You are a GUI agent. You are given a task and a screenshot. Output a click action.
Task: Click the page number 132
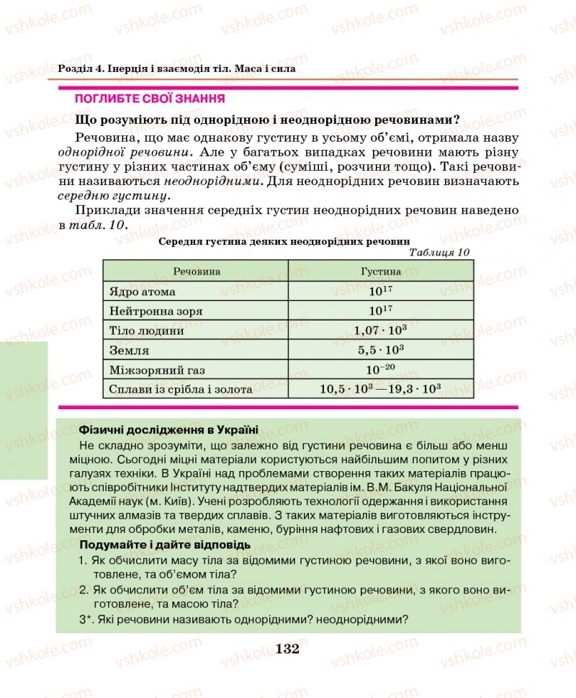(287, 649)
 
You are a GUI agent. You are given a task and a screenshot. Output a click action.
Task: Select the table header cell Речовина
(196, 272)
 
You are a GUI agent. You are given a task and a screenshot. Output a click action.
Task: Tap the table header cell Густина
(380, 272)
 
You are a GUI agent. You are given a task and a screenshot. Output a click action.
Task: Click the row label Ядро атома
(143, 292)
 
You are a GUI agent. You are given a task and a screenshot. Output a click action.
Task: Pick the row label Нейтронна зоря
(156, 312)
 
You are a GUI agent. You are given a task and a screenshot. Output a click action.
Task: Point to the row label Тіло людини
(146, 331)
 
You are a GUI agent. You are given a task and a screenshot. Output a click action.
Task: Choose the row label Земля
(129, 351)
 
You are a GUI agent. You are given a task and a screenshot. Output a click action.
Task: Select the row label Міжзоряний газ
(157, 370)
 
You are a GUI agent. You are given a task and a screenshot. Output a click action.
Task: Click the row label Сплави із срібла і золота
(181, 390)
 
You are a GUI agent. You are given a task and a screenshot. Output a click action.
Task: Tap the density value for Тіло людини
(380, 331)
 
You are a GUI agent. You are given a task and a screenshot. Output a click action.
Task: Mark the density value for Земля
(380, 350)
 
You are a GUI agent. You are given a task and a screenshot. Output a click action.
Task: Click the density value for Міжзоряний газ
(380, 370)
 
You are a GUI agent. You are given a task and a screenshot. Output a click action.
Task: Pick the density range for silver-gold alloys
(380, 389)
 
